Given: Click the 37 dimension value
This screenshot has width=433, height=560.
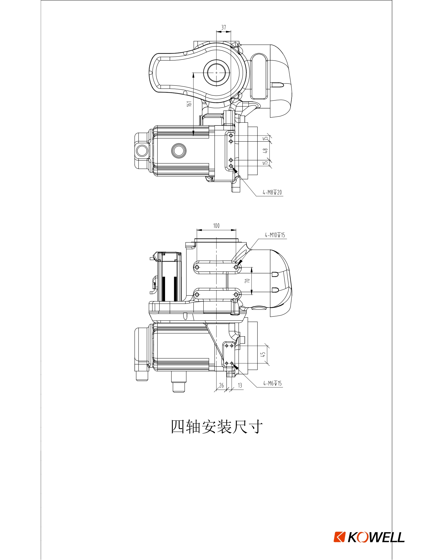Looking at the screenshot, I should [224, 27].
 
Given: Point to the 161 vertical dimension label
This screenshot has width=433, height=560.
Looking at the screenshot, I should [189, 104].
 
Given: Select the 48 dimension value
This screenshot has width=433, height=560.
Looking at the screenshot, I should [266, 150].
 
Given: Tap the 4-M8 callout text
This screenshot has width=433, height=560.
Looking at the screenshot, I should [272, 192].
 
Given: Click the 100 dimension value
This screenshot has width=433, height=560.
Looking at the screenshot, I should [216, 226].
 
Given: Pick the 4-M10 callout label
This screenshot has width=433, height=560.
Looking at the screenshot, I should [275, 235].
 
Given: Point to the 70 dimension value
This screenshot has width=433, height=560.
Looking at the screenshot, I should [247, 281].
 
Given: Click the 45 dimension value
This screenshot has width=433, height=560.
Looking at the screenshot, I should [263, 354].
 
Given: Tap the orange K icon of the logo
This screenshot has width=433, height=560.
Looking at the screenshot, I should [339, 537].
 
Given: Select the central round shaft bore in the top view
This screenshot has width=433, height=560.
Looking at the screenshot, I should [216, 73].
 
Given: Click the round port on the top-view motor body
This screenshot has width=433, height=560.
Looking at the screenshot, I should [179, 151].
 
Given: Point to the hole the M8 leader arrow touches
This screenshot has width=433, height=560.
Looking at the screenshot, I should [231, 166].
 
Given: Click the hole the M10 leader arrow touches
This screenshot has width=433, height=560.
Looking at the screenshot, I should [236, 268].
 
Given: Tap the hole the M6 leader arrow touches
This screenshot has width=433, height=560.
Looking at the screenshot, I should [232, 363].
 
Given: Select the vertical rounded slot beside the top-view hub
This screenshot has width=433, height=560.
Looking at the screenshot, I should [259, 76].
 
